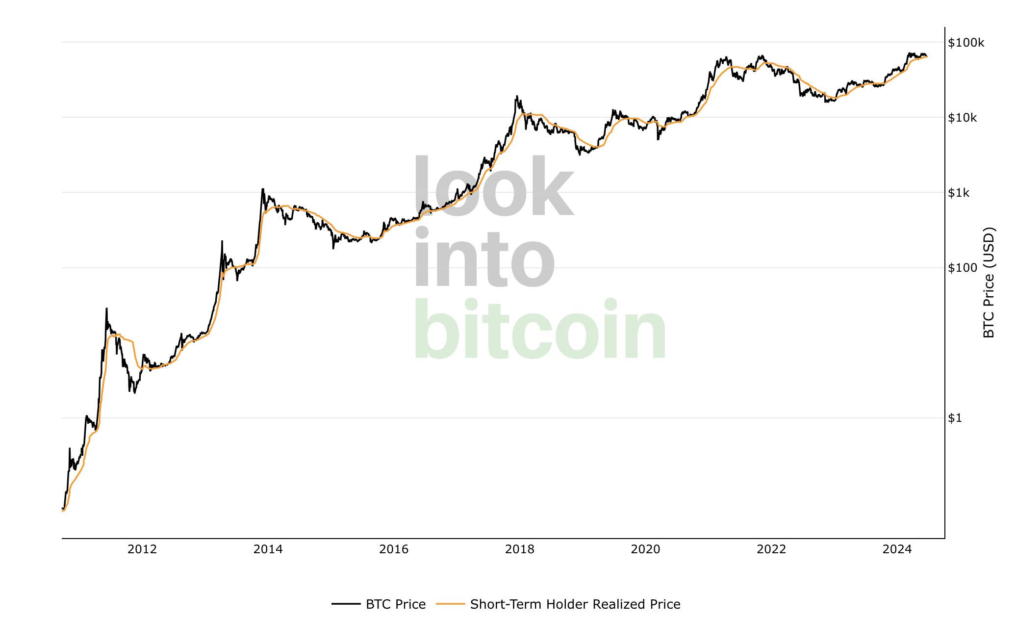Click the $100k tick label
(x=965, y=43)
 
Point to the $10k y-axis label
(x=963, y=118)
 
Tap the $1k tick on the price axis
(x=959, y=193)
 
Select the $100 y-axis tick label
(x=963, y=268)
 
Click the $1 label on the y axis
(x=955, y=418)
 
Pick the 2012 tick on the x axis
(x=142, y=549)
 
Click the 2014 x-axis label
(x=268, y=549)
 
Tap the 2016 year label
(x=394, y=549)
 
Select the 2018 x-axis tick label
(x=520, y=549)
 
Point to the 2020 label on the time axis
(x=645, y=549)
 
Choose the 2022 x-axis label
(x=771, y=549)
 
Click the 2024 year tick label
(x=897, y=549)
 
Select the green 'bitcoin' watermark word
(x=540, y=330)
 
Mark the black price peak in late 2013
(x=263, y=189)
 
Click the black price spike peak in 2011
(x=106, y=309)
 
